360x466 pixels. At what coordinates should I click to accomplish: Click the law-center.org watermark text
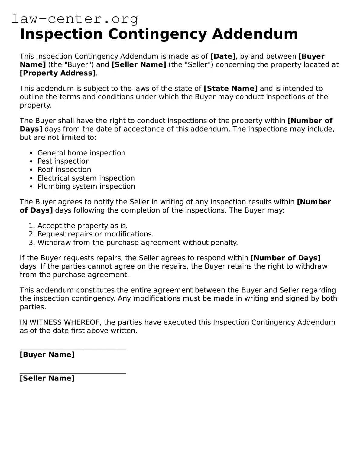click(75, 19)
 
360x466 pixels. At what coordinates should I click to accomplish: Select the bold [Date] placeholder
click(223, 56)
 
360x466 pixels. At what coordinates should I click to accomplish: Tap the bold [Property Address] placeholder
click(57, 73)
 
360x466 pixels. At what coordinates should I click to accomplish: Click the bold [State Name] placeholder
click(231, 88)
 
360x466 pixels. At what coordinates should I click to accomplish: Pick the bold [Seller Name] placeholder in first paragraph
click(139, 64)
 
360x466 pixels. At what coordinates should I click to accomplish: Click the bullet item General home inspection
click(81, 153)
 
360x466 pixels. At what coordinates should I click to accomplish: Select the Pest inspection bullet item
click(63, 161)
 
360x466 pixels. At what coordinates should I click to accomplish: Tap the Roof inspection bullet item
click(64, 170)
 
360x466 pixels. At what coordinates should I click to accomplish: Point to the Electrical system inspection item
click(86, 178)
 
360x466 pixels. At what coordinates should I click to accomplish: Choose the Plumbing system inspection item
click(86, 186)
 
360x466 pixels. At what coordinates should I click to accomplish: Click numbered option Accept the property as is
click(82, 226)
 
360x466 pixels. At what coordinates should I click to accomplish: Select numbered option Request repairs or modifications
click(95, 234)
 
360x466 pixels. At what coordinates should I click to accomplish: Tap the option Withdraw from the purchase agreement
click(137, 243)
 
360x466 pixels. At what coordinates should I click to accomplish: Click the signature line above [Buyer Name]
click(73, 350)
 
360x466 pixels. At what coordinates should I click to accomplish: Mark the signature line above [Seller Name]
click(73, 373)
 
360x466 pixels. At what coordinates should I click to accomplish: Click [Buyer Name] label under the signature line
click(47, 354)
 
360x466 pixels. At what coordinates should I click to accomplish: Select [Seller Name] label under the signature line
click(47, 378)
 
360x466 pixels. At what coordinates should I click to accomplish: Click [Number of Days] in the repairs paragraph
click(285, 258)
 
